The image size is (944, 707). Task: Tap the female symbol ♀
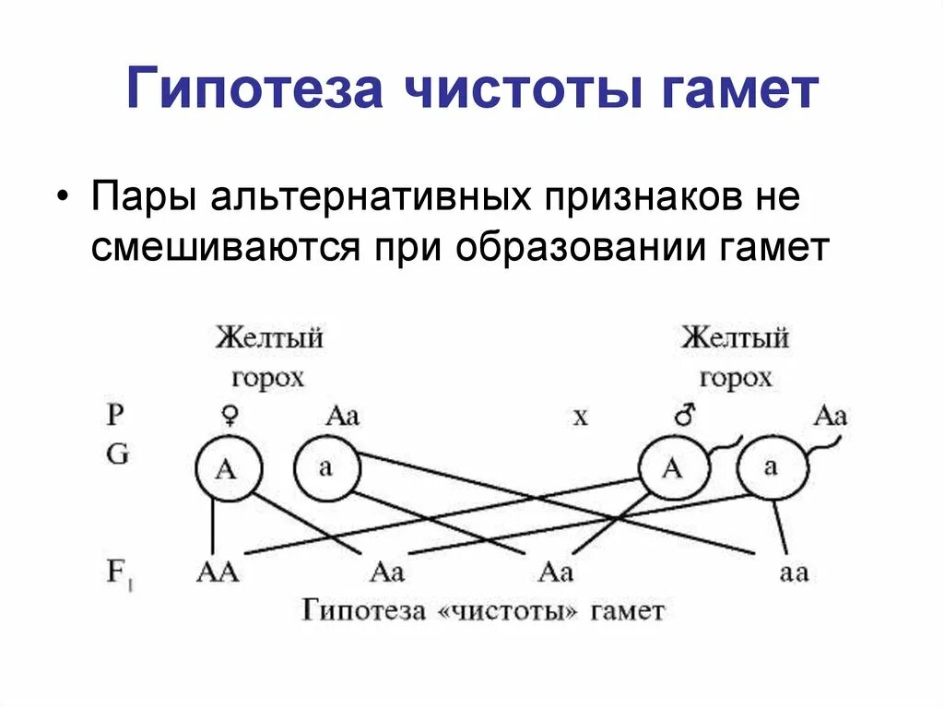point(227,416)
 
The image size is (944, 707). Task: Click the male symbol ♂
point(684,416)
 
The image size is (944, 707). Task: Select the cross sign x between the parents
point(580,417)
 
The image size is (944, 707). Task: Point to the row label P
point(114,416)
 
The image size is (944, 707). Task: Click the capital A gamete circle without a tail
point(225,469)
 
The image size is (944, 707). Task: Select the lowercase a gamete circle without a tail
point(326,467)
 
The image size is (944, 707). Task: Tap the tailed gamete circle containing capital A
point(673,469)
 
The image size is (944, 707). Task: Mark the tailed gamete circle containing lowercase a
point(772,467)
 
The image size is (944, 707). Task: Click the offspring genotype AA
point(218,572)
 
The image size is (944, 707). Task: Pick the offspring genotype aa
point(793,572)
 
